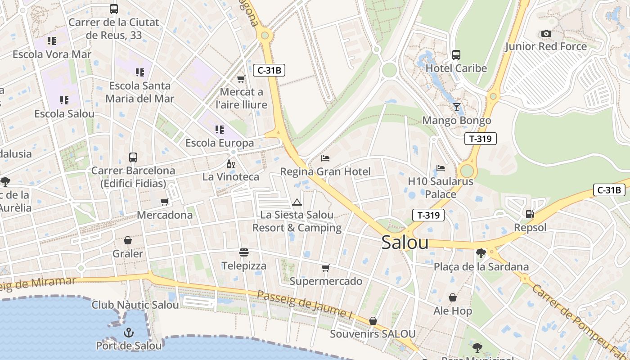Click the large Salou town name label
[x=405, y=243]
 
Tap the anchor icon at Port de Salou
[x=129, y=333]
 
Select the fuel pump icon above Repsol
[x=530, y=214]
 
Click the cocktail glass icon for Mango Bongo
[x=457, y=107]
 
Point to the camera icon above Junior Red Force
[x=546, y=34]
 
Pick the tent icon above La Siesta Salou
[x=297, y=202]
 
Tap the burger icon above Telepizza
[x=244, y=252]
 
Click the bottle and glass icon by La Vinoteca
[x=231, y=164]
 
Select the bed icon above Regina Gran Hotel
[x=325, y=158]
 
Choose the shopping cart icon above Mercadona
[x=165, y=202]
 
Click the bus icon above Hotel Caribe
[x=456, y=55]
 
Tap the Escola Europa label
[x=220, y=143]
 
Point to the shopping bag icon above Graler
[x=128, y=241]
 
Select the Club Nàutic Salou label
[x=135, y=305]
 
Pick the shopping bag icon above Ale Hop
[x=453, y=298]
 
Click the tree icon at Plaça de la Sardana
[x=481, y=253]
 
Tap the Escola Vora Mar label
[x=52, y=54]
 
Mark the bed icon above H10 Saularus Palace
[x=441, y=168]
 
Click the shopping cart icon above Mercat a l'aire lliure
[x=241, y=79]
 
